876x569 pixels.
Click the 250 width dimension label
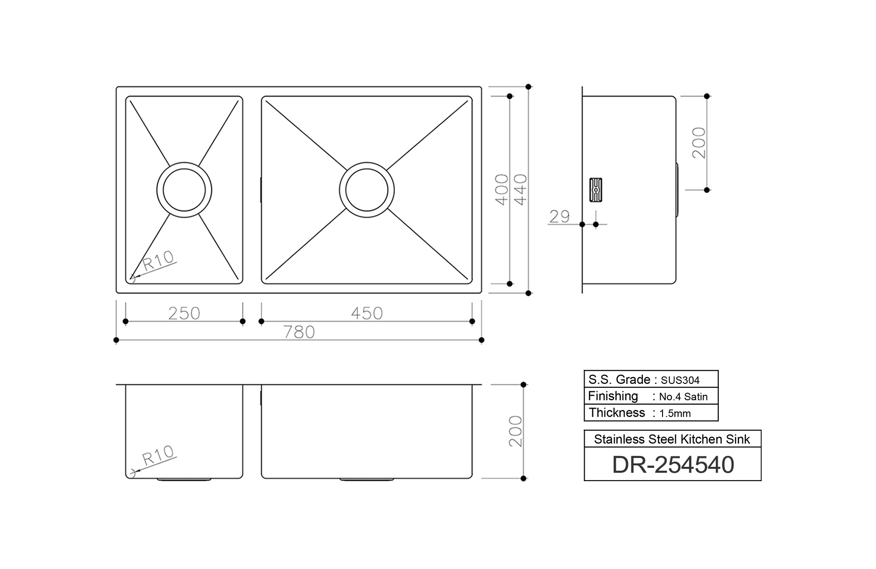pyautogui.click(x=184, y=313)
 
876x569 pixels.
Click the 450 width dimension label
pyautogui.click(x=366, y=313)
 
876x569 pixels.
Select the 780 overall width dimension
pyautogui.click(x=299, y=332)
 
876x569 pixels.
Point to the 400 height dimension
pyautogui.click(x=502, y=190)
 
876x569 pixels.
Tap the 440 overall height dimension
pyautogui.click(x=520, y=190)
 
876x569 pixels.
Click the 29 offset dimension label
pyautogui.click(x=560, y=217)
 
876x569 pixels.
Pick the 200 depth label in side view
pyautogui.click(x=699, y=143)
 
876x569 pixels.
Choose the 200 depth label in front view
pyautogui.click(x=515, y=431)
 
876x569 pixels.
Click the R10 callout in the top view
pyautogui.click(x=158, y=260)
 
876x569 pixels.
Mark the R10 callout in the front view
pyautogui.click(x=158, y=455)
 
